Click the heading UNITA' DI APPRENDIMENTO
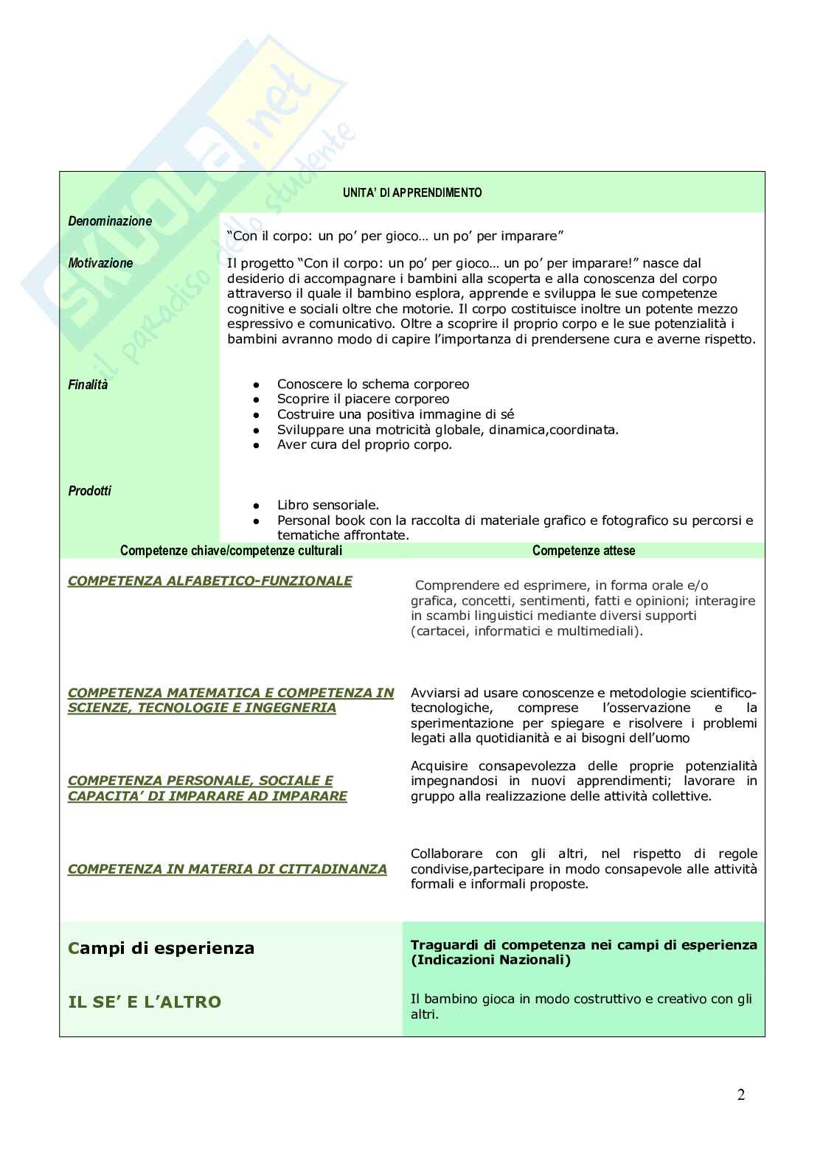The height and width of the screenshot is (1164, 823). [412, 193]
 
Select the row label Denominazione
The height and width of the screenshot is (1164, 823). [110, 221]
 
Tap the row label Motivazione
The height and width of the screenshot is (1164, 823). [100, 263]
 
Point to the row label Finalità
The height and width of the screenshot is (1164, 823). [88, 385]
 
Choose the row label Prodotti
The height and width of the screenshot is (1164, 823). [89, 491]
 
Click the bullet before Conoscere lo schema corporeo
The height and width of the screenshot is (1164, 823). [255, 385]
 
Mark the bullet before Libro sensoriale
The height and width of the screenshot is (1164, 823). [255, 506]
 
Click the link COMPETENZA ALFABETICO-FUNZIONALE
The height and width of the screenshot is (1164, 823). [209, 581]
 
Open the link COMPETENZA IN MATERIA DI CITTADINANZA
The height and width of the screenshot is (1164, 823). [227, 870]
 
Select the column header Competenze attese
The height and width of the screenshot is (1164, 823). [583, 551]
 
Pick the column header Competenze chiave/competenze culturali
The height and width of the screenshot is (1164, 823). [231, 551]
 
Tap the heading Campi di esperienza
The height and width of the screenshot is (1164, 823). [161, 949]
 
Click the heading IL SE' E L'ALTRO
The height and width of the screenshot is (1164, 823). [145, 1002]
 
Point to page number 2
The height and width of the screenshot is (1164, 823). [740, 1095]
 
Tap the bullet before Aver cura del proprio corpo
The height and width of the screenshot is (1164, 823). [255, 445]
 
